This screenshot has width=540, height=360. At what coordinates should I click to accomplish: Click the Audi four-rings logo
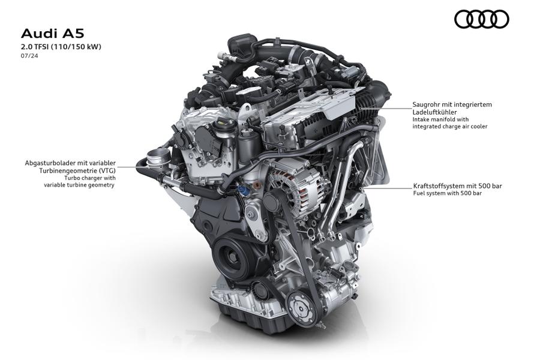481,19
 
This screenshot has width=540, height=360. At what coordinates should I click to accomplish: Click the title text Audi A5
52,34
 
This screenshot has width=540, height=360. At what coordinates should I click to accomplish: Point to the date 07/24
29,56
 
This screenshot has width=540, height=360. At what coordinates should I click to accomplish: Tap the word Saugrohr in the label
426,105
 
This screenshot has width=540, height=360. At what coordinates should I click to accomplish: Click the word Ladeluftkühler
434,112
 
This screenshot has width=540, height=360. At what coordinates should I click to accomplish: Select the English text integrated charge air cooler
450,127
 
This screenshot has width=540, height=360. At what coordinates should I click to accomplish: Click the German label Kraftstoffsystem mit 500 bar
457,186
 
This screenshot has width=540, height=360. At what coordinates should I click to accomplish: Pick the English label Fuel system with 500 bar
448,193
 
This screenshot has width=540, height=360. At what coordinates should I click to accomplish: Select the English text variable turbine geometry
79,185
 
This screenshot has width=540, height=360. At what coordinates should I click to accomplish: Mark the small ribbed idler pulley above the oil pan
259,289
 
